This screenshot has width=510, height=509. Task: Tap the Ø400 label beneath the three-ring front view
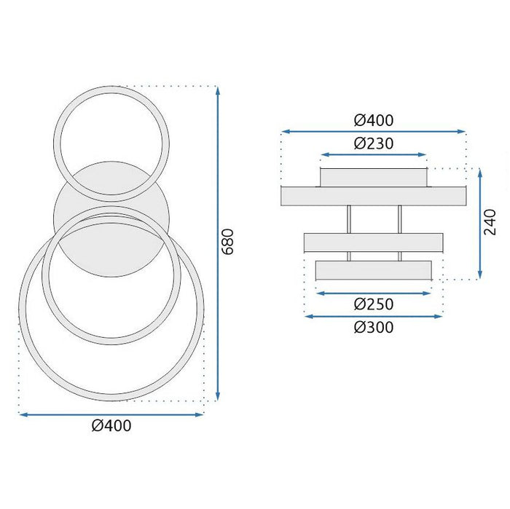tap(111, 427)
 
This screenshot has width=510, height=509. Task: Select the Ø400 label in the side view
tap(373, 119)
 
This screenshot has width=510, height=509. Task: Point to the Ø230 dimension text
tap(373, 143)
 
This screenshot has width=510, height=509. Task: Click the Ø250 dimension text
tap(373, 304)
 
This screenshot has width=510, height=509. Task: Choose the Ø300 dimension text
tap(373, 328)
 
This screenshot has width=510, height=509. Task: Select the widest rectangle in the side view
tap(373, 196)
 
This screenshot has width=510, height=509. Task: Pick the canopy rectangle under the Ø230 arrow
tap(373, 177)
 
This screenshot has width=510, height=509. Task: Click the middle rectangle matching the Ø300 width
tap(373, 242)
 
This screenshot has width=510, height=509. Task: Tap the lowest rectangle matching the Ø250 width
tap(373, 270)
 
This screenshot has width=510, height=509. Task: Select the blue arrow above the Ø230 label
tap(373, 154)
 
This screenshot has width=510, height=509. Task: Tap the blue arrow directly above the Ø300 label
tap(373, 317)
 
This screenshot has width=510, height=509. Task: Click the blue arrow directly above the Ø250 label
tap(373, 293)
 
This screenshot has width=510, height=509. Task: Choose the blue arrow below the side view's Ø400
tap(373, 132)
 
